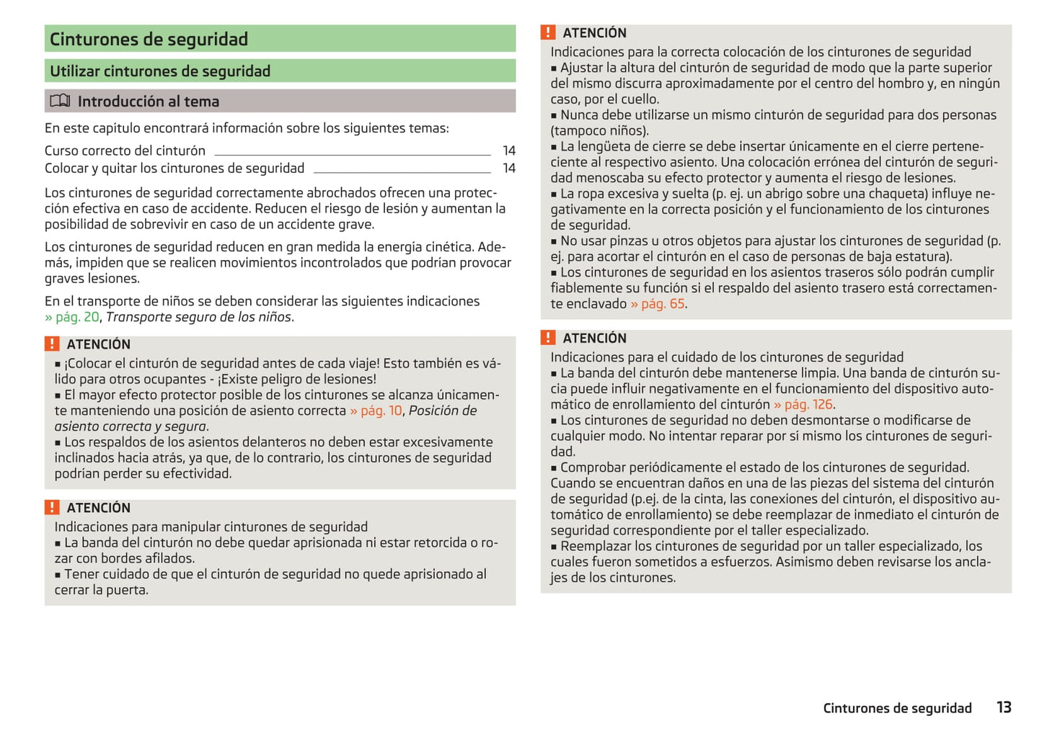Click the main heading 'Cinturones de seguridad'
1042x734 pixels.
[149, 39]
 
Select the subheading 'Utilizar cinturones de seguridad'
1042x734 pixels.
[160, 71]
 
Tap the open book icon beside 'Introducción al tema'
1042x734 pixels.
[60, 101]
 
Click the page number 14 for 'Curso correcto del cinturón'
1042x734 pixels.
[509, 151]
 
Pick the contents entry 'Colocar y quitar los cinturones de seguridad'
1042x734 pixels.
[175, 169]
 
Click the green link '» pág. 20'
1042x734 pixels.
[72, 317]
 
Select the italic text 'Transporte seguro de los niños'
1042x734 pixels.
[198, 317]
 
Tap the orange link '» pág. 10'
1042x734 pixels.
[376, 411]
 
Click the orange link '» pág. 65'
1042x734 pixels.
[657, 304]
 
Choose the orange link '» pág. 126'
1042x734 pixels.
[803, 405]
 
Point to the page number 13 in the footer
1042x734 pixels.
[1004, 707]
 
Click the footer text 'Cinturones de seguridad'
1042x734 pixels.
[897, 708]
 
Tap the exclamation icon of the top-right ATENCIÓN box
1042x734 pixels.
[548, 32]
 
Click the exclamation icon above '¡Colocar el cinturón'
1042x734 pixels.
[52, 344]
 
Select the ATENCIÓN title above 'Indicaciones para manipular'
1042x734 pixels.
[99, 508]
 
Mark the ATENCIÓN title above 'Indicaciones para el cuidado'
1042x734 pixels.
[594, 338]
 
